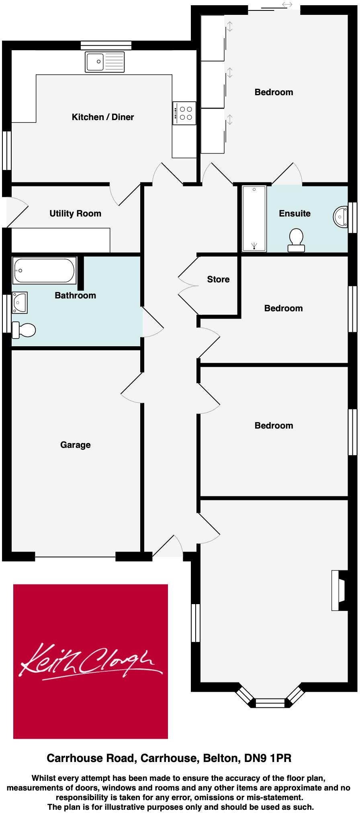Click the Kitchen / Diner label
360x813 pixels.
[x=102, y=117]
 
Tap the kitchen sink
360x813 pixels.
[x=104, y=62]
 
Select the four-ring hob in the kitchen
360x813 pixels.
[x=185, y=113]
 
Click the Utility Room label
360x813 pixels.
[x=75, y=213]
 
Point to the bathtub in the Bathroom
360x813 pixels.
[x=44, y=271]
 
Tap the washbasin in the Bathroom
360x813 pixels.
[x=20, y=302]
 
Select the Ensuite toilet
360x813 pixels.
[x=296, y=239]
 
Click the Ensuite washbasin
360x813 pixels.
[x=340, y=217]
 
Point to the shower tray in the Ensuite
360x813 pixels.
[x=254, y=219]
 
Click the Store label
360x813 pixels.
[x=218, y=279]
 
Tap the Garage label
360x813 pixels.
[x=75, y=445]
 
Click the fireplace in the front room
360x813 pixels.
[x=339, y=590]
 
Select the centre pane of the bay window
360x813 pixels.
[x=270, y=703]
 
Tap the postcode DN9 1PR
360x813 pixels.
[x=268, y=758]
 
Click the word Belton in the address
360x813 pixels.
[x=221, y=758]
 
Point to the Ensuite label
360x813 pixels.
[x=295, y=213]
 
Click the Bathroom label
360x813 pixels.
[x=75, y=295]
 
